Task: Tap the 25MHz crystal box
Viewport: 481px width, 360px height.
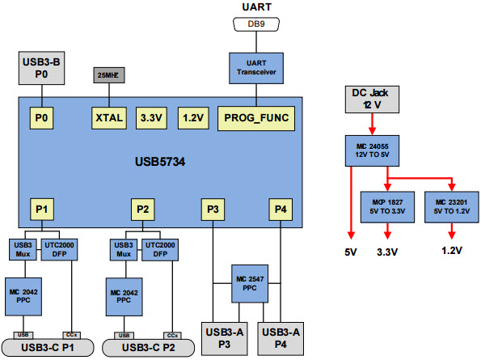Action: tap(109, 74)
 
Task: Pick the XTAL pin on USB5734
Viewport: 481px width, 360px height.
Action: tap(109, 117)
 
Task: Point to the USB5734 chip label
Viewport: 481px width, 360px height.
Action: tap(161, 163)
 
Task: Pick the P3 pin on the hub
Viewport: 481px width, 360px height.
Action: tap(213, 210)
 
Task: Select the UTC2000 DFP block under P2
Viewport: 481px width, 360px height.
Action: tap(160, 248)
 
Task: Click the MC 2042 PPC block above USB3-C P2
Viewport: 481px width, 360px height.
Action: tap(124, 296)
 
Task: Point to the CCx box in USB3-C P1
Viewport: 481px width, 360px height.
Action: tap(71, 334)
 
